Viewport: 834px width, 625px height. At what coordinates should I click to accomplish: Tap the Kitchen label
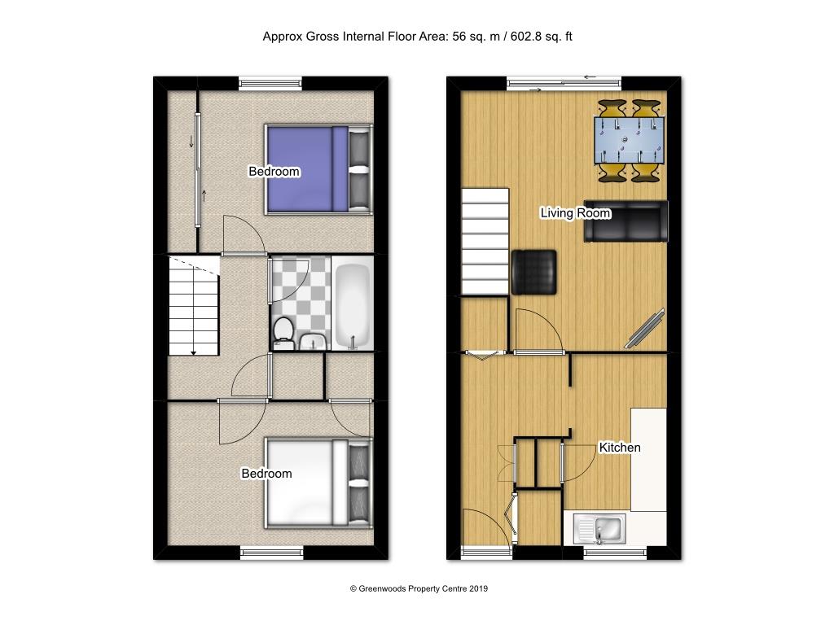[620, 448]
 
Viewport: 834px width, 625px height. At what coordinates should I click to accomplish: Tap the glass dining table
[629, 140]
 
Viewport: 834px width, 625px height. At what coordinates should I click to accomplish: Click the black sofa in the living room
[625, 221]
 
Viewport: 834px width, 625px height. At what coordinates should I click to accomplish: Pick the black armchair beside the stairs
[534, 271]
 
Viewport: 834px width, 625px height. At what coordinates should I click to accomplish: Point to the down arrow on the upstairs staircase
[194, 350]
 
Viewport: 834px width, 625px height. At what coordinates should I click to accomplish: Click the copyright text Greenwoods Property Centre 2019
[419, 588]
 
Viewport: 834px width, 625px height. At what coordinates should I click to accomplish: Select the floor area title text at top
[417, 36]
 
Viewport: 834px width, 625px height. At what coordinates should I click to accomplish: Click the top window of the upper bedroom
[271, 82]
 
